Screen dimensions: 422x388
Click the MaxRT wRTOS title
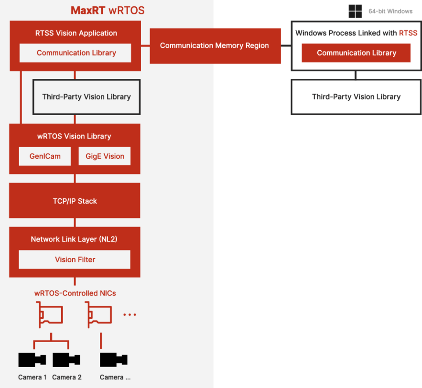pos(108,11)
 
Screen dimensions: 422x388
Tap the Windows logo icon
pos(355,11)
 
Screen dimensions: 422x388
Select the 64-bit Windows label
pos(390,11)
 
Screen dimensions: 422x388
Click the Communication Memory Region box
pos(215,46)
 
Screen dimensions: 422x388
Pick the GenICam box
pos(45,156)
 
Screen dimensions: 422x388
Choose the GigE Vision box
pos(105,156)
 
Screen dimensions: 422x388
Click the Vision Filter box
pos(75,259)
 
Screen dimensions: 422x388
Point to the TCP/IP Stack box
pos(75,201)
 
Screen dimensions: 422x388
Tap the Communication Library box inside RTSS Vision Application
pos(76,53)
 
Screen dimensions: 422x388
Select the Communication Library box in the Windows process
pos(356,53)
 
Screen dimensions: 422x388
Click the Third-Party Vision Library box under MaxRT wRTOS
pos(87,97)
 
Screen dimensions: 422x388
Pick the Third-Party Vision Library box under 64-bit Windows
pos(356,97)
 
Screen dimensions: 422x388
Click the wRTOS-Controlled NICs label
pos(75,293)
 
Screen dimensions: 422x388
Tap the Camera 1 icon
pos(32,360)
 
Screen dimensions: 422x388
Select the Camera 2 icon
pos(66,360)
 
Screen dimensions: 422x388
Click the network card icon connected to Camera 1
pos(50,314)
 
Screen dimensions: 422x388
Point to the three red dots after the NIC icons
pos(130,314)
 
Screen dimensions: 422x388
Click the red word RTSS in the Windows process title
pos(408,33)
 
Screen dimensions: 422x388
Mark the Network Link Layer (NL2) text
pos(74,239)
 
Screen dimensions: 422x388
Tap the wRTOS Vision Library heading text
pos(74,136)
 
